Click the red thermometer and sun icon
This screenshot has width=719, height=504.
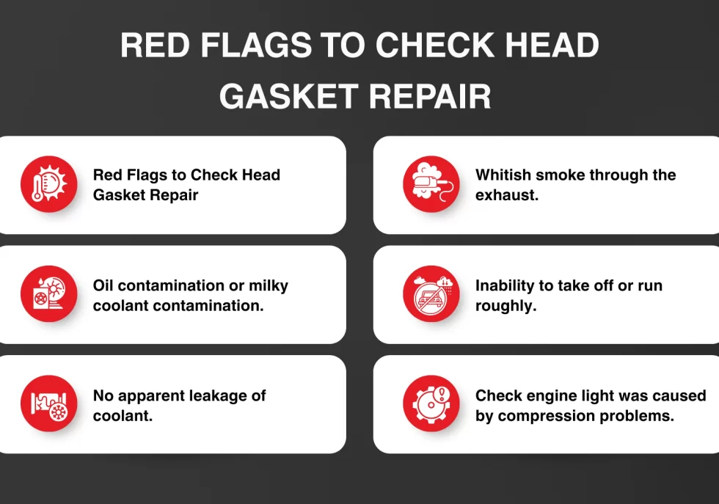click(48, 184)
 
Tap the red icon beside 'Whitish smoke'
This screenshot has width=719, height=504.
click(431, 184)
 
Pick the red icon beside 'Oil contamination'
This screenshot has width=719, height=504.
click(48, 294)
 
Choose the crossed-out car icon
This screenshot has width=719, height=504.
click(431, 294)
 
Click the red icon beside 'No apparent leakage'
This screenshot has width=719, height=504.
click(48, 403)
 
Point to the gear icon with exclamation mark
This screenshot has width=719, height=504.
click(431, 403)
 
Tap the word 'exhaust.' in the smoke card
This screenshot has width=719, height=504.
click(507, 196)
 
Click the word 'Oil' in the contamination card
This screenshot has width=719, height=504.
click(103, 285)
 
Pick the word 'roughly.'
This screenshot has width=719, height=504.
click(506, 306)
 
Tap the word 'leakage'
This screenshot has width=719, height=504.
click(219, 396)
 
